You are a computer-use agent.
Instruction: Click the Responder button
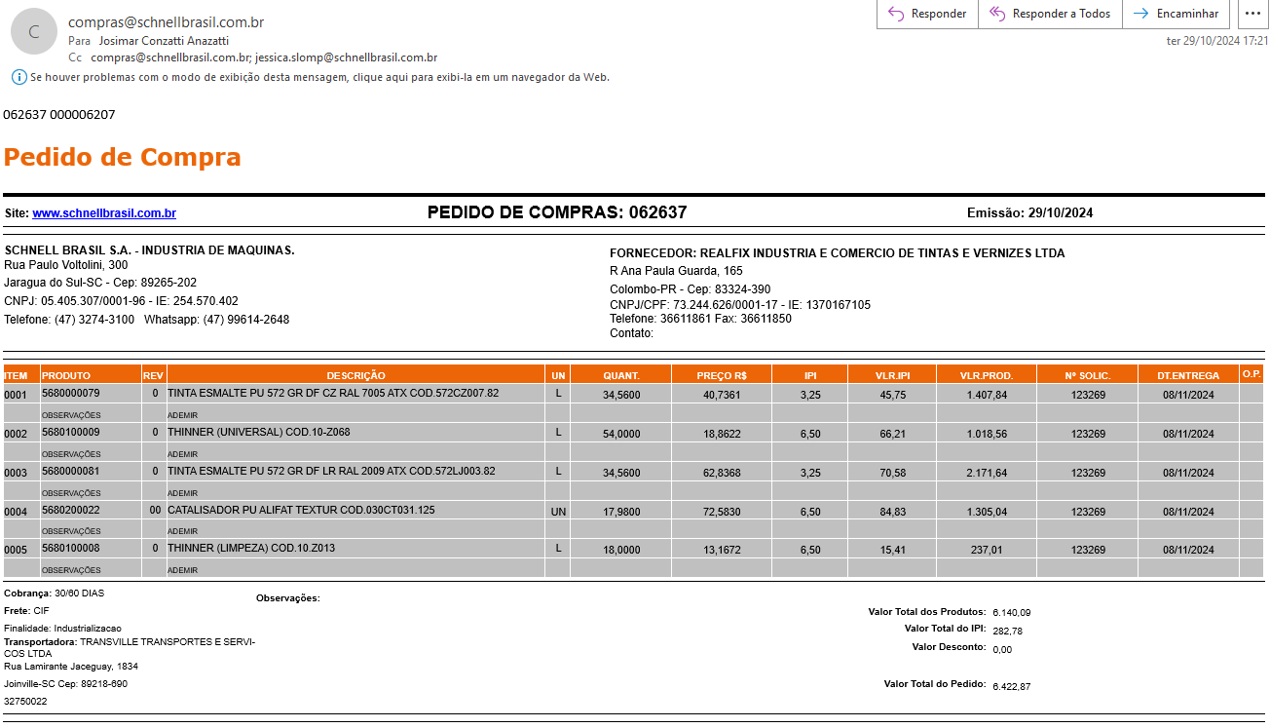pos(927,14)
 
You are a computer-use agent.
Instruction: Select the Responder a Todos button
pos(1050,14)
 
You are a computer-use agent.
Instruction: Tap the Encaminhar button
pos(1176,14)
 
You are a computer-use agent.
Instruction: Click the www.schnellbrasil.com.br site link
pos(104,213)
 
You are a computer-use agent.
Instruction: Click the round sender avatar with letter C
pos(34,31)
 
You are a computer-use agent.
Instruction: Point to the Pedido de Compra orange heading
pos(122,157)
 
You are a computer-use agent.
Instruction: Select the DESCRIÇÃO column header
pos(355,375)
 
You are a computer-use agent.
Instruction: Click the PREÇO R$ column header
pos(721,375)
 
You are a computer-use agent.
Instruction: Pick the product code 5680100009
pos(71,432)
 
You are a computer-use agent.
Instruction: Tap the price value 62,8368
pos(721,473)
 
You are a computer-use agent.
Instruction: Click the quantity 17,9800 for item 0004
pos(621,512)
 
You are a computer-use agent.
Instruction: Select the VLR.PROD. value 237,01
pos(987,551)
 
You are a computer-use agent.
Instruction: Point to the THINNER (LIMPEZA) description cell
pos(251,549)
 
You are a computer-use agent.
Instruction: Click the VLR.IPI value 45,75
pos(892,395)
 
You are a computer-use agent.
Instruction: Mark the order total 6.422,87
pos(1011,687)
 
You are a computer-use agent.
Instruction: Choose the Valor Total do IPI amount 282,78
pos(1007,632)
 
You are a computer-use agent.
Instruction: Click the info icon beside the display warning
pos(19,77)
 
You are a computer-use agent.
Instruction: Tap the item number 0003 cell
pos(17,473)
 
